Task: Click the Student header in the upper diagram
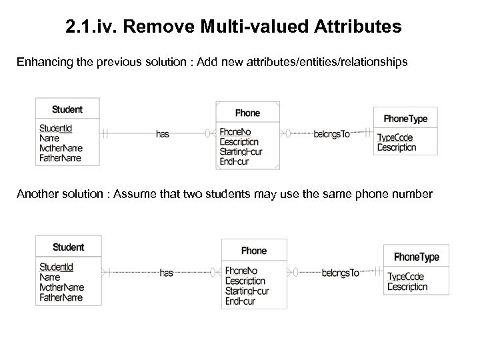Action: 67,110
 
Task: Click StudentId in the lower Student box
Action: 57,267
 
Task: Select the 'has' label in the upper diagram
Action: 162,134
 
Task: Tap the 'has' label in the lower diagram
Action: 167,272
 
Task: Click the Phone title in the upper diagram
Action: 248,113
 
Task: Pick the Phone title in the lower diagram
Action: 253,251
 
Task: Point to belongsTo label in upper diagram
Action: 331,134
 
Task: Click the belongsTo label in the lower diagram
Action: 341,272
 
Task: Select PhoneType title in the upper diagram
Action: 405,119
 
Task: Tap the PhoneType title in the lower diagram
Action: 417,257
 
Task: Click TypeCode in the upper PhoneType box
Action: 395,138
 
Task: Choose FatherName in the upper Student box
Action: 61,159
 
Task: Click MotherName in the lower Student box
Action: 62,287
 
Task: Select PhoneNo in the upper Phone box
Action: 235,133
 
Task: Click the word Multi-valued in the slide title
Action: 235,27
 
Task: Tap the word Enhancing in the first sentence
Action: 41,62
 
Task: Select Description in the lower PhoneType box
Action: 407,287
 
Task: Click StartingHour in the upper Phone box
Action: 241,152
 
